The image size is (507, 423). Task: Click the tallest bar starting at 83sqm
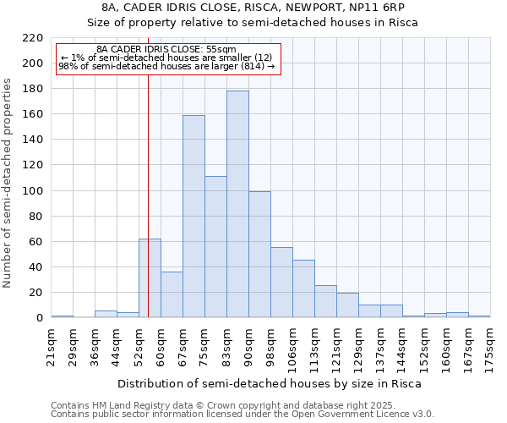click(x=237, y=204)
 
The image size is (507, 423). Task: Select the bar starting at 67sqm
click(x=194, y=217)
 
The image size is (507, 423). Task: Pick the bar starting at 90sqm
click(x=259, y=255)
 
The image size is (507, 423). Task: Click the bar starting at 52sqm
click(x=150, y=278)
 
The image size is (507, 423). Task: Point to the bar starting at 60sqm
click(x=172, y=294)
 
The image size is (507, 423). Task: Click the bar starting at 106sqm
click(x=303, y=288)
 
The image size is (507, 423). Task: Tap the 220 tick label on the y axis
click(x=32, y=38)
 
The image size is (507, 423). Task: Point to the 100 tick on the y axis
click(x=32, y=191)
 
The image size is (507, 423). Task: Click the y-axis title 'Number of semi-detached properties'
click(x=8, y=183)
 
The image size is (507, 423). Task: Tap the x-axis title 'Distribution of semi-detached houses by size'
click(x=269, y=383)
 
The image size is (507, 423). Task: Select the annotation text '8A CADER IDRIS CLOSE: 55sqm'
click(x=166, y=50)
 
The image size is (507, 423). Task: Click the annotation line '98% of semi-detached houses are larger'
click(x=166, y=66)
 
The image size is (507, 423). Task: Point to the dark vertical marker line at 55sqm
click(x=148, y=195)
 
